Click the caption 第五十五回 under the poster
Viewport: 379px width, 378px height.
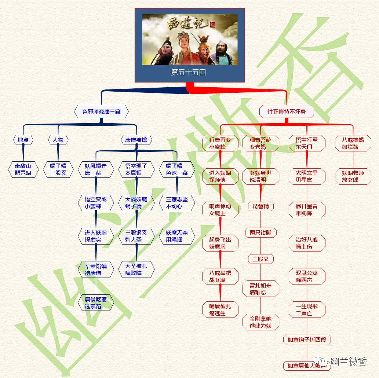189,72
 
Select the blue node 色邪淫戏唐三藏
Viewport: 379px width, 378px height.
101,111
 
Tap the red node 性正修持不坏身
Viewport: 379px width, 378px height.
287,111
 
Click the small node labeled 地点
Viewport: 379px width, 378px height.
23,140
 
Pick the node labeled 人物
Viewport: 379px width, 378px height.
58,140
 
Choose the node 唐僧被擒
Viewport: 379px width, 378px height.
136,140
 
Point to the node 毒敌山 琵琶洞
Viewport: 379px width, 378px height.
23,169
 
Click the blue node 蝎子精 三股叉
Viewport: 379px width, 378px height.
58,169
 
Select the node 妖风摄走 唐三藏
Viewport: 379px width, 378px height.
96,169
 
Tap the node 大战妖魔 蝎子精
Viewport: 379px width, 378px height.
136,203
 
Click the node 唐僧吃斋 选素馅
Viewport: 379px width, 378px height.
96,303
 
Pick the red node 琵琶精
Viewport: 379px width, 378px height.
260,206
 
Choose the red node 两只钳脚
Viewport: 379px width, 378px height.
260,232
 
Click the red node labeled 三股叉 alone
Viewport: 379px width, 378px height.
260,259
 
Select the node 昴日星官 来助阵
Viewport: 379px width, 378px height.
307,210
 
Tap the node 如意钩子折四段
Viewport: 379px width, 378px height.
307,340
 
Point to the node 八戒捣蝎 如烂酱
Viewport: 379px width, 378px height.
353,143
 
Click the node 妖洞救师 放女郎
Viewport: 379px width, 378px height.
353,176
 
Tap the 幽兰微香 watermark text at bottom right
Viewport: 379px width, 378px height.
348,362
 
